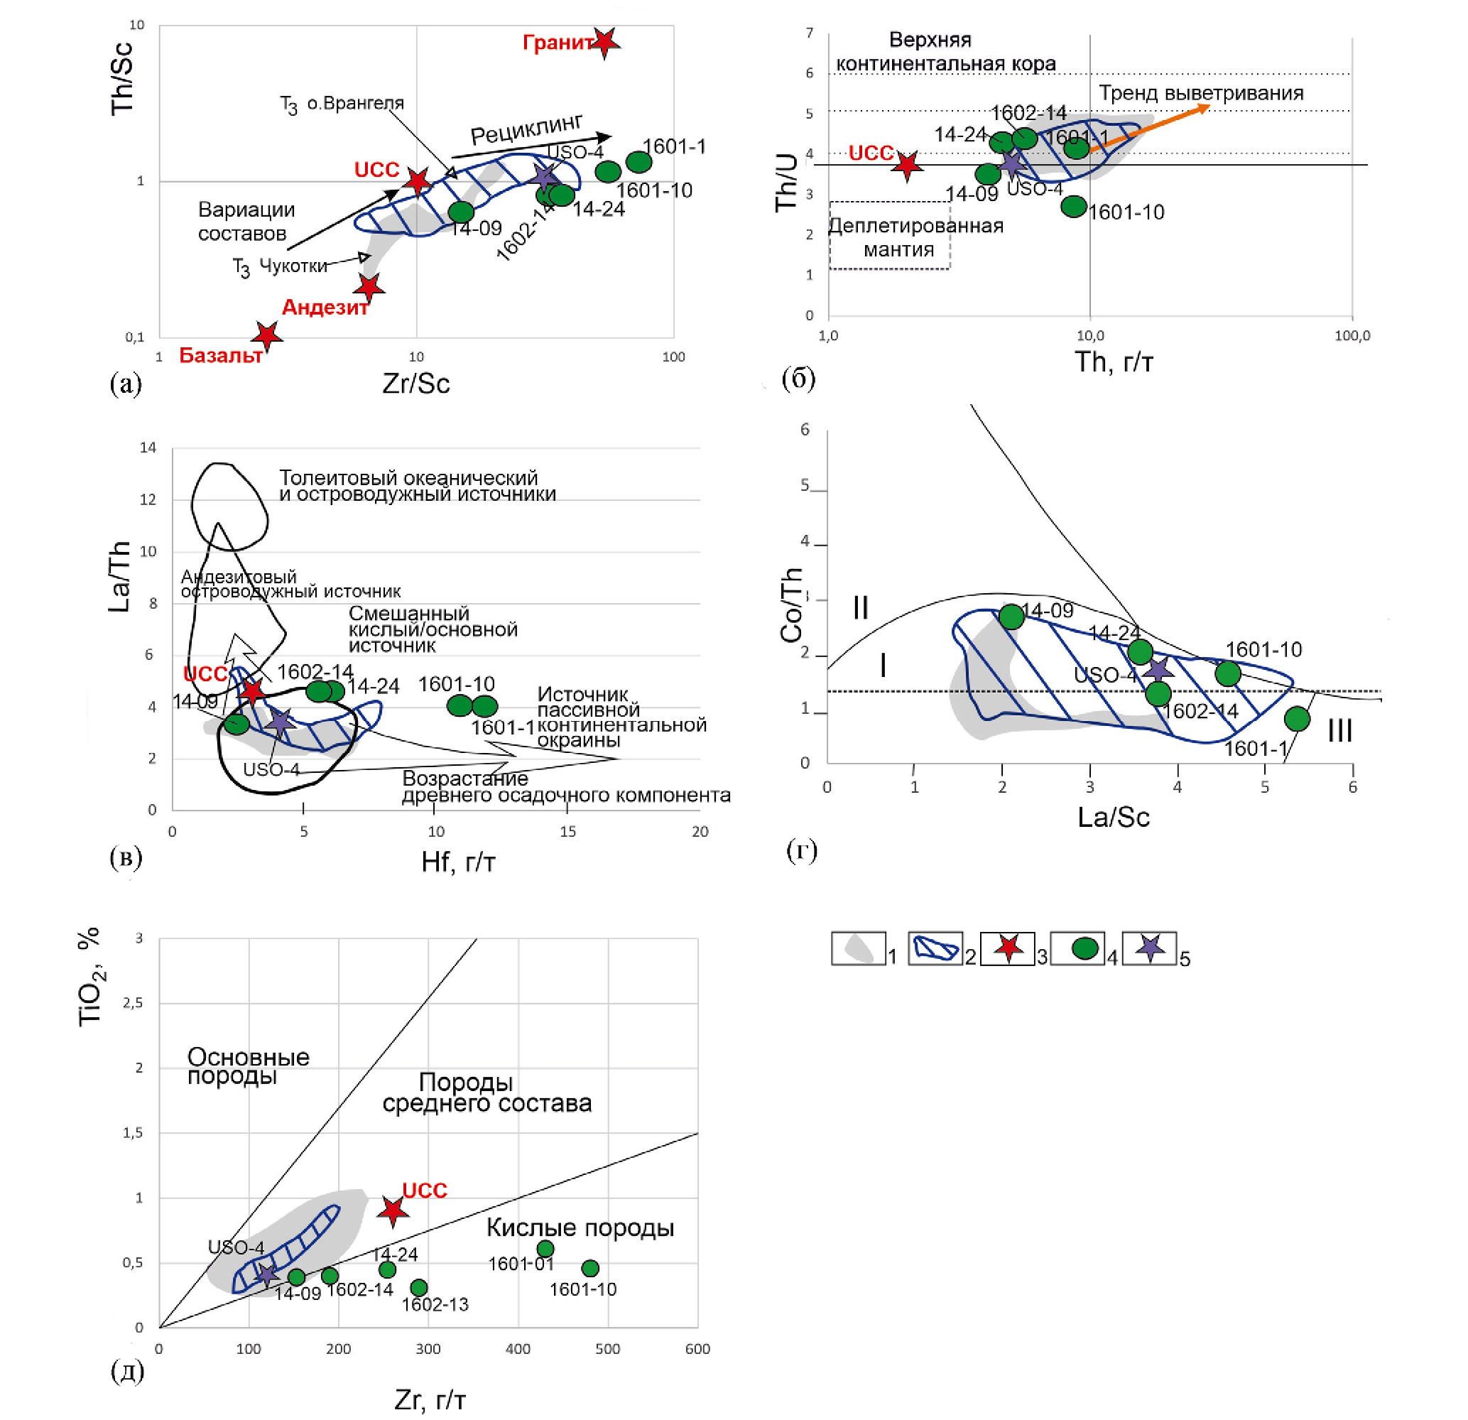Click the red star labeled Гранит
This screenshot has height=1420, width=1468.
(604, 43)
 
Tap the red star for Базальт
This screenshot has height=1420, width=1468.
(266, 336)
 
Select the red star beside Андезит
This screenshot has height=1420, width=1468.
(369, 287)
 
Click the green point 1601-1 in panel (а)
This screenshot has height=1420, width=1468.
(638, 161)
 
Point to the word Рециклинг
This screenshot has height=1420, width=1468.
(526, 129)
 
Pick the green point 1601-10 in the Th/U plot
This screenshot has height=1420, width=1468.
(1073, 206)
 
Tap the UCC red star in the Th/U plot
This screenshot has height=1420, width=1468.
(907, 166)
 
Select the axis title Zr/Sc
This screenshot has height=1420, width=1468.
(415, 384)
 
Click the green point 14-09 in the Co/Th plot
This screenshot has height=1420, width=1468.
(1011, 617)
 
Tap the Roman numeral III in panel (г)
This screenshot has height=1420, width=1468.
(1339, 730)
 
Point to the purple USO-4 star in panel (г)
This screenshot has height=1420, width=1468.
(1158, 670)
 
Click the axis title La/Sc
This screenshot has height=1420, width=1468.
(1113, 817)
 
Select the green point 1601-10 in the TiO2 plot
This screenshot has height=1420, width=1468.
(590, 1268)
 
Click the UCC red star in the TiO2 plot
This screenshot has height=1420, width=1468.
(393, 1211)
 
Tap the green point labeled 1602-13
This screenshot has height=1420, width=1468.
(419, 1287)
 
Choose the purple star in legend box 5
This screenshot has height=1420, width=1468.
(1151, 948)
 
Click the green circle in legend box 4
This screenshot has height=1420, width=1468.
(1085, 948)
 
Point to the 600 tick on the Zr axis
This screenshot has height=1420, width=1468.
(697, 1349)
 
